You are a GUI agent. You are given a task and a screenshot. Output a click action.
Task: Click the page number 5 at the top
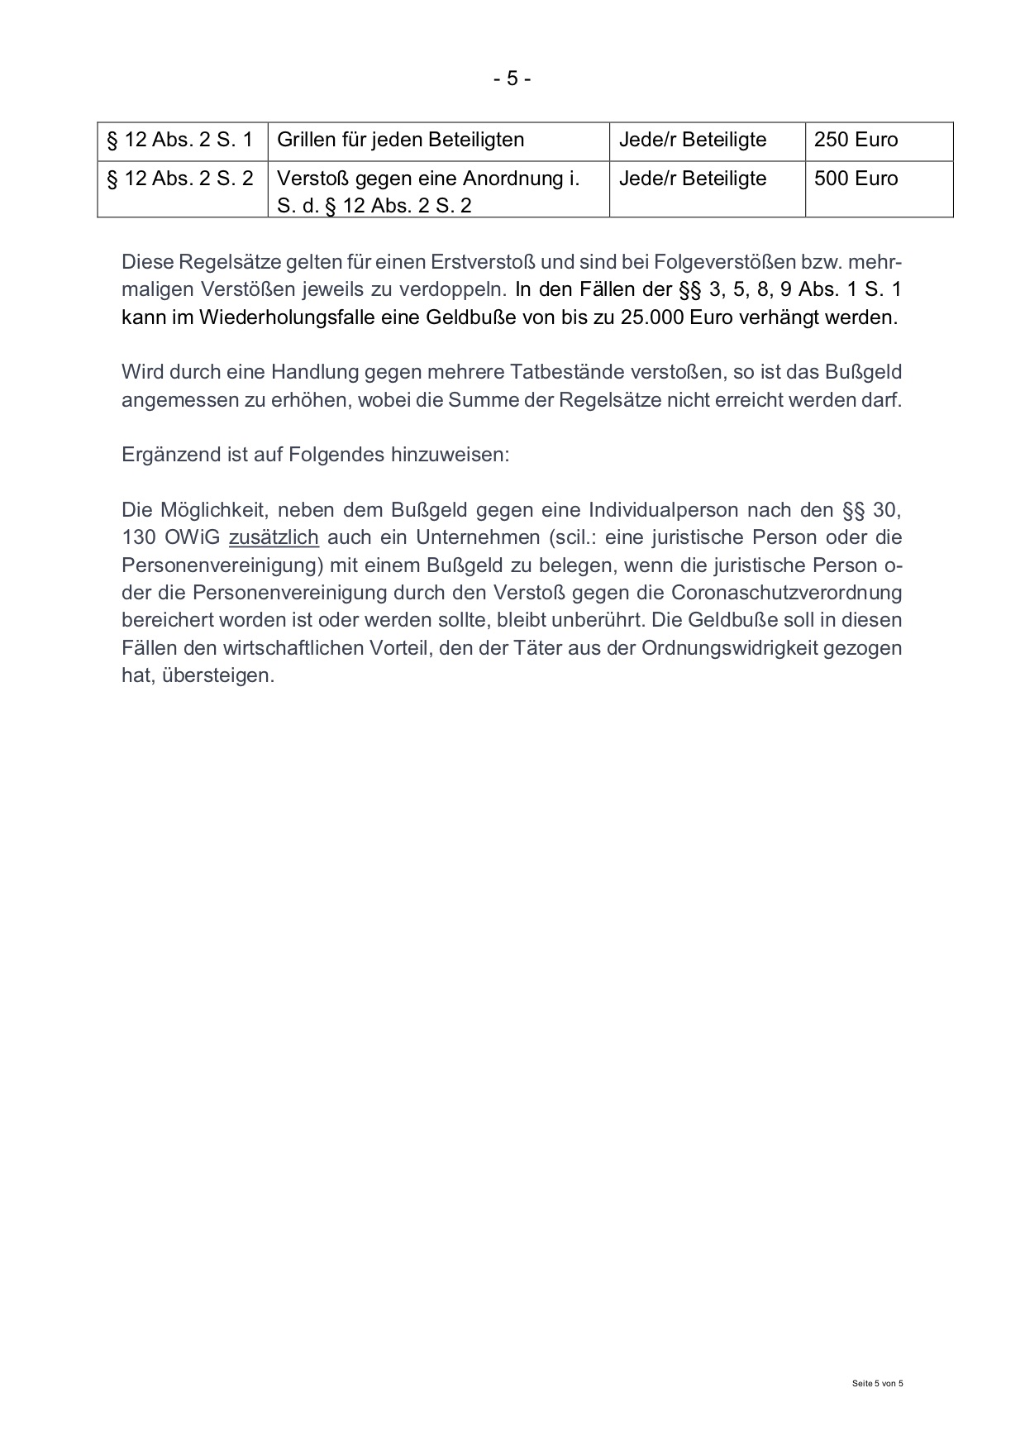[512, 79]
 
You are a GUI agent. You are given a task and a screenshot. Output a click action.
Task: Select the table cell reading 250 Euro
[856, 140]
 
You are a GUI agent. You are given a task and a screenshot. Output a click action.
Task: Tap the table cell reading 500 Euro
[856, 179]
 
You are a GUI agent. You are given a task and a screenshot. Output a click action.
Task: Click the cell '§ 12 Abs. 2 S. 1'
[180, 140]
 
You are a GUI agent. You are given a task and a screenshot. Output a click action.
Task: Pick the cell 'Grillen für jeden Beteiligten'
[400, 140]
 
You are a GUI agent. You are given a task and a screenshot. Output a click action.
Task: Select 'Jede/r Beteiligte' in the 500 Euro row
[692, 179]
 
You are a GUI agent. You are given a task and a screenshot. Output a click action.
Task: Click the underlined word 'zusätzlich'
[274, 537]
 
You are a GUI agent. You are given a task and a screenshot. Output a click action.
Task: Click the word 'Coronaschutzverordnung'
[786, 593]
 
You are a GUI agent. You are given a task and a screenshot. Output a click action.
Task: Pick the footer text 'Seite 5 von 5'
[878, 1383]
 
